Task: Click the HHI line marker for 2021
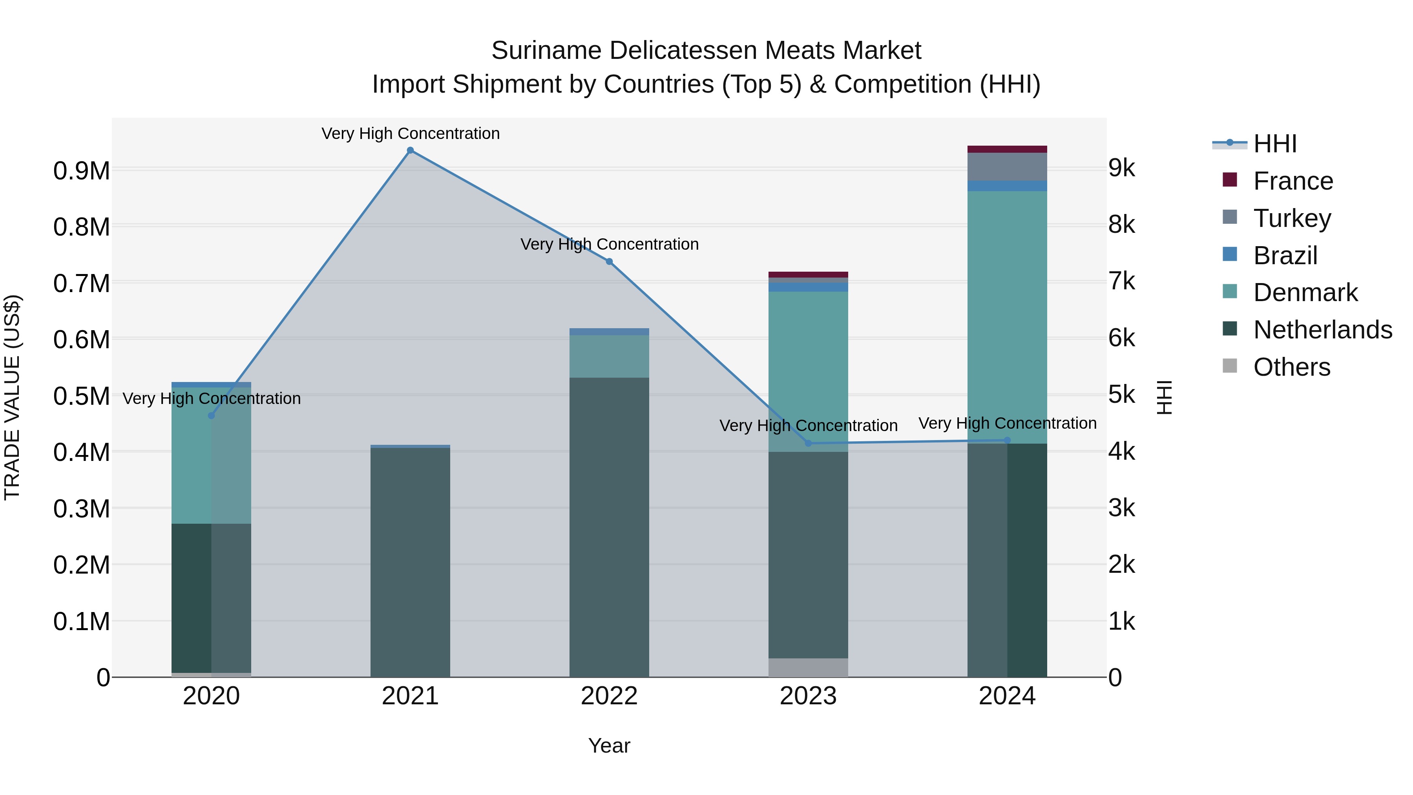(410, 150)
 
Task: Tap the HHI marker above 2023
(808, 443)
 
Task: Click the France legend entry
(1293, 181)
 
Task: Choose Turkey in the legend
(1292, 218)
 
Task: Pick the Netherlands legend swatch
(1230, 329)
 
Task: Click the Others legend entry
(1291, 367)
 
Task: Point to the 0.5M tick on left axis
(81, 396)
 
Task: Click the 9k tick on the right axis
(1121, 168)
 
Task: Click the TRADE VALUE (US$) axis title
(12, 397)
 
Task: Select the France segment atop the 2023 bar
(808, 274)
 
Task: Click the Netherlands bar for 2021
(410, 562)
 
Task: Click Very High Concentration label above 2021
(410, 133)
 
